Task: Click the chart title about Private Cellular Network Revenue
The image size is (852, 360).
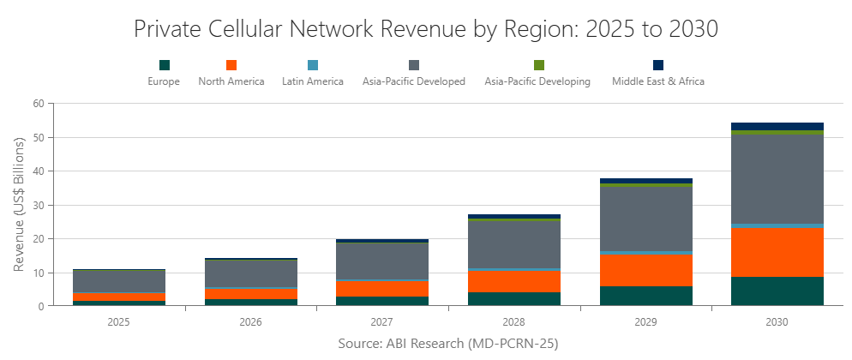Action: tap(426, 28)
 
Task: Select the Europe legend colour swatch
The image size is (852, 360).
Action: tap(165, 65)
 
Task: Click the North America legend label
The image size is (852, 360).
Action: tap(231, 81)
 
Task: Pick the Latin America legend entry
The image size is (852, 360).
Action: tap(312, 81)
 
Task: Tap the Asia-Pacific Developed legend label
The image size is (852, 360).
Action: tap(413, 81)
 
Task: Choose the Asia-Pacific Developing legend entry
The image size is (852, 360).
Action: tap(537, 81)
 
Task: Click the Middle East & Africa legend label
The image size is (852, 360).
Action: tap(657, 81)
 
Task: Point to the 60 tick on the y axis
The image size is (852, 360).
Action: tap(38, 104)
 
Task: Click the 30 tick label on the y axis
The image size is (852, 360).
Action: tap(38, 205)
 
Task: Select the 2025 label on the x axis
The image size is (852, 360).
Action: tap(119, 323)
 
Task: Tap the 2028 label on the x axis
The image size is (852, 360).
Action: tap(514, 323)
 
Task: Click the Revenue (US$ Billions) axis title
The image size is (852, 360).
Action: tap(19, 205)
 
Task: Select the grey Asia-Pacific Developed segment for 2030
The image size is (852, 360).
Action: tap(777, 179)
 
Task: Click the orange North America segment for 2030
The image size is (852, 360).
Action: tap(777, 252)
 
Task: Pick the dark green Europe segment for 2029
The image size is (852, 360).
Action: tap(646, 296)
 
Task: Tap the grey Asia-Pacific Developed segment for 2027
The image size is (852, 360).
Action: tap(383, 261)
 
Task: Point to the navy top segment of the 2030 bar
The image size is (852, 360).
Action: tap(777, 126)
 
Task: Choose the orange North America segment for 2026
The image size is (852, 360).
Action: tap(251, 294)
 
